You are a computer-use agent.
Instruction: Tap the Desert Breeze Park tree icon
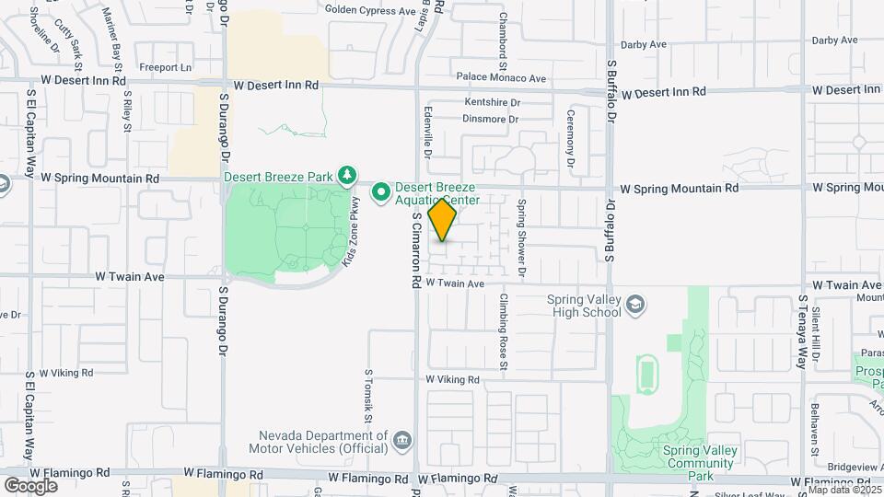pyautogui.click(x=347, y=175)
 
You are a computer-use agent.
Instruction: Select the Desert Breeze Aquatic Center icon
pyautogui.click(x=380, y=192)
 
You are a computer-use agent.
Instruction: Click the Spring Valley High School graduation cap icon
pyautogui.click(x=635, y=304)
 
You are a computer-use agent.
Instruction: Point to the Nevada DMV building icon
pyautogui.click(x=401, y=441)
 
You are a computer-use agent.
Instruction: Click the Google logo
pyautogui.click(x=30, y=485)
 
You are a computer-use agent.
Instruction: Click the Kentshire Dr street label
pyautogui.click(x=493, y=102)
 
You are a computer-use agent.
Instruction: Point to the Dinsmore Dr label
pyautogui.click(x=490, y=119)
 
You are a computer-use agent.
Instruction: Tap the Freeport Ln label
pyautogui.click(x=165, y=67)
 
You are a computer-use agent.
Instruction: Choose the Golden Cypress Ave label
pyautogui.click(x=370, y=10)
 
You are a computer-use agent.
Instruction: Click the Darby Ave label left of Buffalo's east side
pyautogui.click(x=643, y=44)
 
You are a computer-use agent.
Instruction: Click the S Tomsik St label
pyautogui.click(x=368, y=396)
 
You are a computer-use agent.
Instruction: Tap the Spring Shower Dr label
pyautogui.click(x=521, y=238)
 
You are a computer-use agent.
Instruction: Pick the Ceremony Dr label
pyautogui.click(x=571, y=143)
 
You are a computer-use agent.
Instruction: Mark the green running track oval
pyautogui.click(x=646, y=374)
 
